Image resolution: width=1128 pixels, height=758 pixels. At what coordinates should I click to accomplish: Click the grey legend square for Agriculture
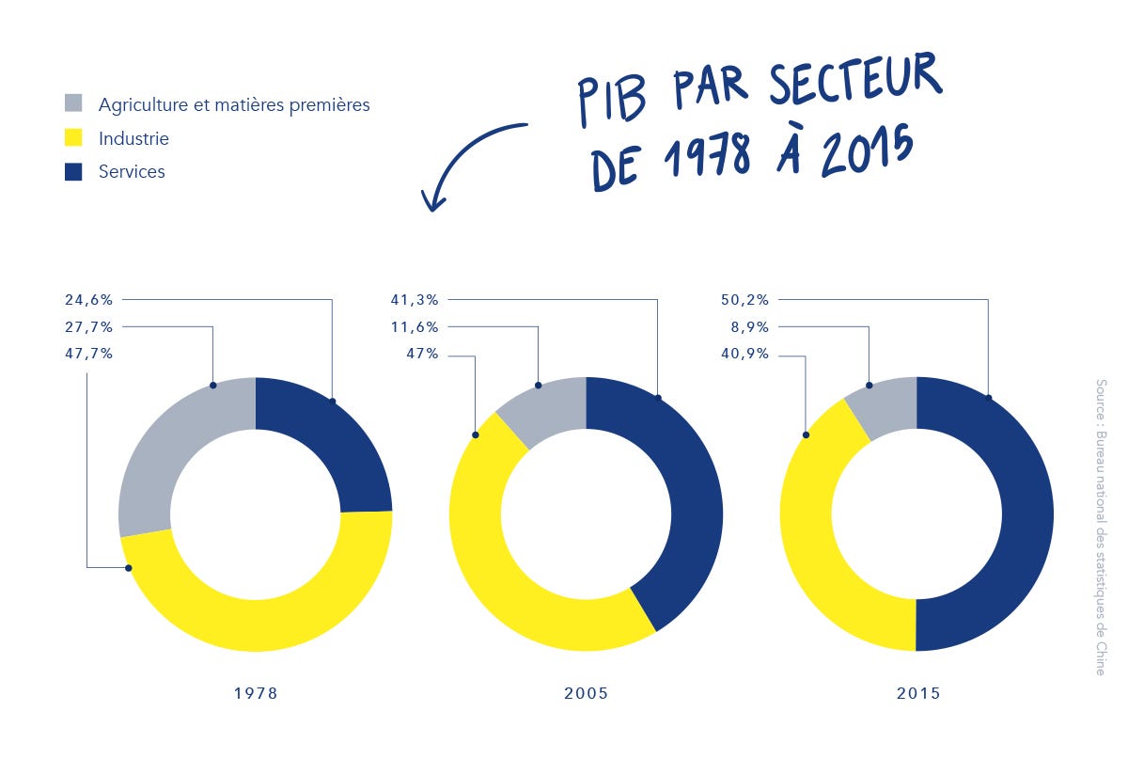coord(74,103)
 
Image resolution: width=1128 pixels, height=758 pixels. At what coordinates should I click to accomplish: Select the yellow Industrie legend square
coord(74,138)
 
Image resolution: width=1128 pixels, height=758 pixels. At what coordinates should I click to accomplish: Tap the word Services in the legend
coord(132,171)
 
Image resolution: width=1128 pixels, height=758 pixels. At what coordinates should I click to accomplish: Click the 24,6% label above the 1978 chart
coord(88,300)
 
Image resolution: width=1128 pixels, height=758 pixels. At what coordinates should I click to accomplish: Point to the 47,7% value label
coord(88,355)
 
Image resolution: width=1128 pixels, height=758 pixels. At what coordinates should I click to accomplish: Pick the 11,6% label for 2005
coord(414,327)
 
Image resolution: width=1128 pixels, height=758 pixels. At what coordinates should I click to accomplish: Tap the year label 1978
coord(256,694)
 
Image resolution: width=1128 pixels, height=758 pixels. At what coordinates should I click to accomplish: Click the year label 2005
coord(586,694)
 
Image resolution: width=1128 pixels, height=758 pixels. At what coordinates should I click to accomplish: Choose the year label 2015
coord(917,694)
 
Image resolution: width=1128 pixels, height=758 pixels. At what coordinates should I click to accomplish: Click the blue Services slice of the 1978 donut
coord(324,442)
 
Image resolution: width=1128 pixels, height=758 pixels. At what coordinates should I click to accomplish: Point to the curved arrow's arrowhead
coord(431,202)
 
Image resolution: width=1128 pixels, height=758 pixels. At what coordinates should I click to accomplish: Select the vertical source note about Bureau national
coord(1100,527)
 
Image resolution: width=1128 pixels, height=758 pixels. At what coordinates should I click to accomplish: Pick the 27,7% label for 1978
coord(88,327)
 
